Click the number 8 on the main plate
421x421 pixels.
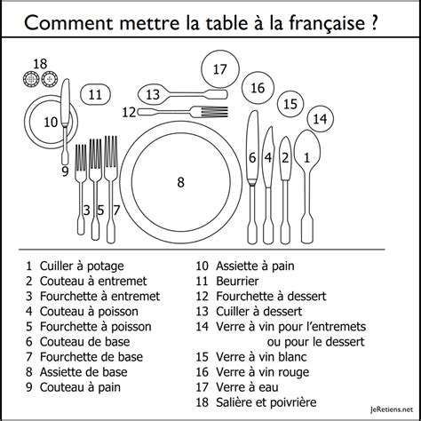pyautogui.click(x=180, y=182)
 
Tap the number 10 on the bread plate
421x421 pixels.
pyautogui.click(x=51, y=122)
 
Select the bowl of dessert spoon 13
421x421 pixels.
pyautogui.click(x=154, y=94)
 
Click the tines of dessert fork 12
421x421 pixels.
pyautogui.click(x=214, y=112)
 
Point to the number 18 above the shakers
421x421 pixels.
pyautogui.click(x=40, y=64)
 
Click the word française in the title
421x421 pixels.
pyautogui.click(x=327, y=23)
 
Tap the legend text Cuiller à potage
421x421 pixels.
pyautogui.click(x=82, y=266)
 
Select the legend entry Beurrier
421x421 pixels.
pyautogui.click(x=237, y=281)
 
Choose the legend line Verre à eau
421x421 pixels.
pyautogui.click(x=247, y=387)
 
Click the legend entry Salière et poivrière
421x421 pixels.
pyautogui.click(x=266, y=402)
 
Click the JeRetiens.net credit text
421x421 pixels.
pyautogui.click(x=391, y=409)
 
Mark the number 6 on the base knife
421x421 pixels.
pyautogui.click(x=252, y=157)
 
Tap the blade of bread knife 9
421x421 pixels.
pyautogui.click(x=65, y=101)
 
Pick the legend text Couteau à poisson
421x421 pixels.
pyautogui.click(x=89, y=312)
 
